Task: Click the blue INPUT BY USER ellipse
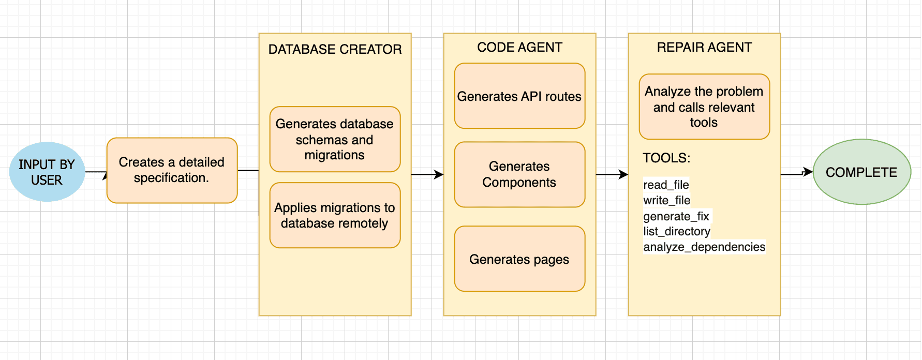tap(47, 172)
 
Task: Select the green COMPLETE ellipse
tap(861, 172)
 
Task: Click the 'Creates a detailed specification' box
tap(172, 170)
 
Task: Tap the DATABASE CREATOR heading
tap(335, 49)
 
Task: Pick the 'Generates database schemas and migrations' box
tap(335, 139)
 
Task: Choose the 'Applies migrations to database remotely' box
tap(335, 215)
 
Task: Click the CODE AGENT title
tap(519, 47)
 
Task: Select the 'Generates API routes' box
tap(519, 96)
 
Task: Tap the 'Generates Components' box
tap(519, 174)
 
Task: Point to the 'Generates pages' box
tap(519, 259)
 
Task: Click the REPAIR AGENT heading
tap(704, 47)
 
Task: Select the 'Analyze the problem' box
tap(704, 107)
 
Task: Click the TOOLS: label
tap(666, 158)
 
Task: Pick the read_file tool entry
tap(666, 185)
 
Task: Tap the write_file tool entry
tap(666, 200)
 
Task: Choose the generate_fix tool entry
tap(676, 216)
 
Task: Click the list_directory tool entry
tap(677, 231)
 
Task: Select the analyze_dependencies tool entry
tap(704, 247)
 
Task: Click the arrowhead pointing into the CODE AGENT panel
tap(439, 175)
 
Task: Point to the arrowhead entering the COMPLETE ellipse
tap(808, 172)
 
